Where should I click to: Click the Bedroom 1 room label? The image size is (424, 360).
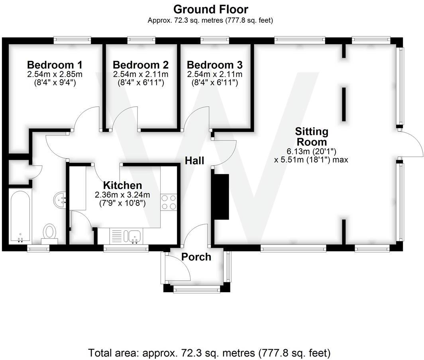pyautogui.click(x=55, y=65)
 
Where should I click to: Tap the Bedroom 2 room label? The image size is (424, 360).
pyautogui.click(x=140, y=65)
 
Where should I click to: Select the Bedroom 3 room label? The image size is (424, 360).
pyautogui.click(x=214, y=65)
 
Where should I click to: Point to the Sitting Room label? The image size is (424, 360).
pyautogui.click(x=311, y=137)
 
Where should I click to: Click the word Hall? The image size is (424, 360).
pyautogui.click(x=194, y=160)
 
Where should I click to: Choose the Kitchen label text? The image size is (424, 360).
pyautogui.click(x=122, y=185)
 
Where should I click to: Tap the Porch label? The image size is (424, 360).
pyautogui.click(x=196, y=257)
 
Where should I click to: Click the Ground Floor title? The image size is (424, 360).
pyautogui.click(x=210, y=9)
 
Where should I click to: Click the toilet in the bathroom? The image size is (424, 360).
pyautogui.click(x=50, y=233)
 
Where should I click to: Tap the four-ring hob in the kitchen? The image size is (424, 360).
pyautogui.click(x=168, y=202)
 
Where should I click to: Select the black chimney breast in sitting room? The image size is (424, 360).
pyautogui.click(x=222, y=197)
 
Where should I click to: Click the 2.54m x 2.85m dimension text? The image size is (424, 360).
pyautogui.click(x=55, y=74)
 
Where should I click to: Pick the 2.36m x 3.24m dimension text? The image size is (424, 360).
pyautogui.click(x=122, y=195)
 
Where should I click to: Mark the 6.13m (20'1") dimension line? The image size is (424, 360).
pyautogui.click(x=311, y=151)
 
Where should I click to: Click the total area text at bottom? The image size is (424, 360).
pyautogui.click(x=209, y=352)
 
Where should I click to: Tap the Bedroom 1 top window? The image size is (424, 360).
pyautogui.click(x=72, y=40)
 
